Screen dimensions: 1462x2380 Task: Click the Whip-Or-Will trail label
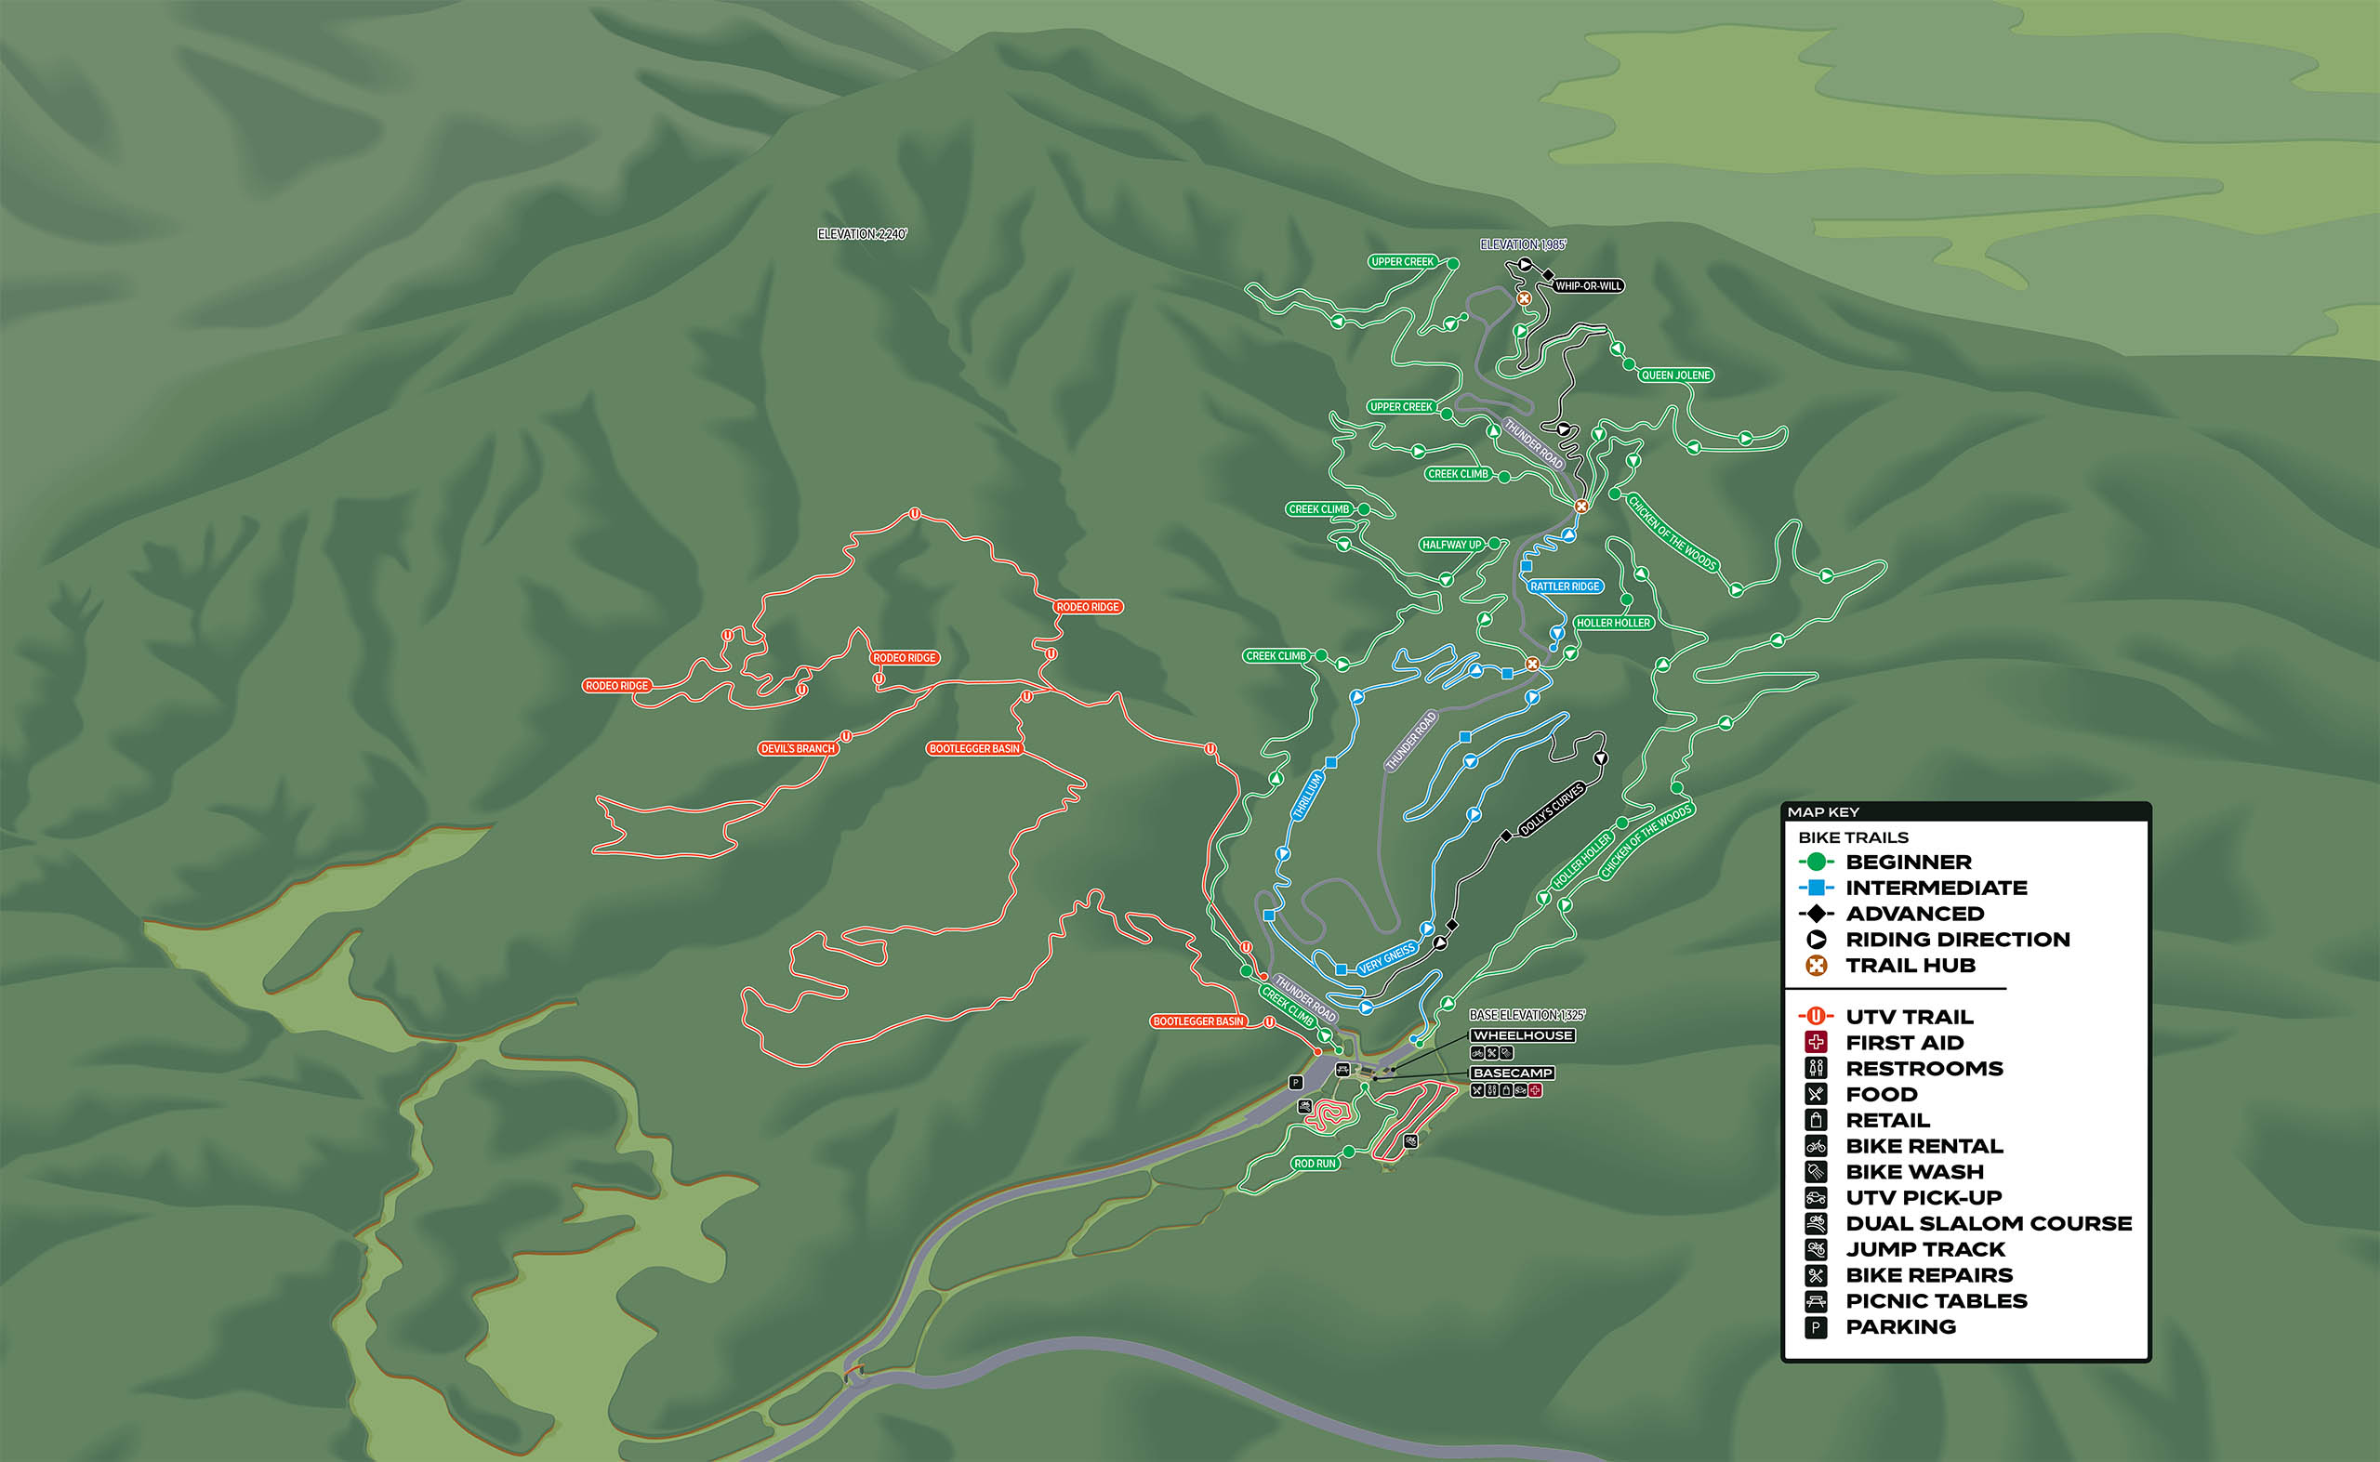[x=1588, y=286]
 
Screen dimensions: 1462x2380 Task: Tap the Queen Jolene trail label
[x=1675, y=375]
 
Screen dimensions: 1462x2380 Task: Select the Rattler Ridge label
[x=1565, y=586]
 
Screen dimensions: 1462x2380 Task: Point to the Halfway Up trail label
[x=1451, y=546]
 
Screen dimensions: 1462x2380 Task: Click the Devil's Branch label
[x=797, y=749]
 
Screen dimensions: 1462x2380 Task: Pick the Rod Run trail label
[x=1315, y=1165]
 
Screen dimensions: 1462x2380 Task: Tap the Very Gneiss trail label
[x=1387, y=958]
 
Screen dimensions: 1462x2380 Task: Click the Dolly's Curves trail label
[x=1552, y=810]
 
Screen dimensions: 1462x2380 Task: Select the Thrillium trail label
[x=1307, y=797]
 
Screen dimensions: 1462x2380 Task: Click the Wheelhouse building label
[x=1522, y=1035]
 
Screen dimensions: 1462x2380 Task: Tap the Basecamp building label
[x=1513, y=1073]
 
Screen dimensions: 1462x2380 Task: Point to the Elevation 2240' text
[x=862, y=235]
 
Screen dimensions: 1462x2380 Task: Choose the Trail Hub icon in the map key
[x=1817, y=966]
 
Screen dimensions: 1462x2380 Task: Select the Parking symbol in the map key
[x=1817, y=1327]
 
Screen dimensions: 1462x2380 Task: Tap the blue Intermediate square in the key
[x=1817, y=888]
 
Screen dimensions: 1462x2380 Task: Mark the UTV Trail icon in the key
[x=1817, y=1017]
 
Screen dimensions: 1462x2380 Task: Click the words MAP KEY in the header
[x=1823, y=812]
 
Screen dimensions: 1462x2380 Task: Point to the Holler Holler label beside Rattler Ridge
[x=1613, y=624]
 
